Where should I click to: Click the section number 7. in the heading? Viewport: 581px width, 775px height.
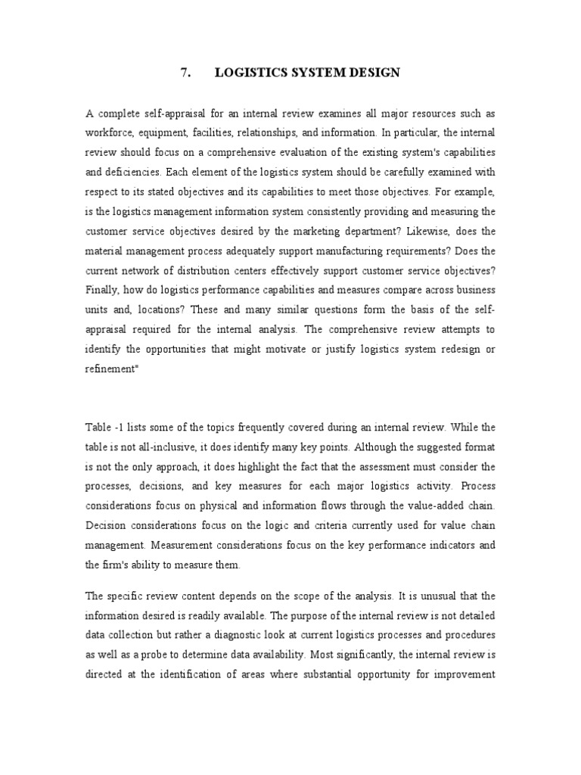click(x=186, y=73)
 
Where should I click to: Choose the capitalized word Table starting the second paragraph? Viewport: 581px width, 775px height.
click(x=99, y=429)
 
